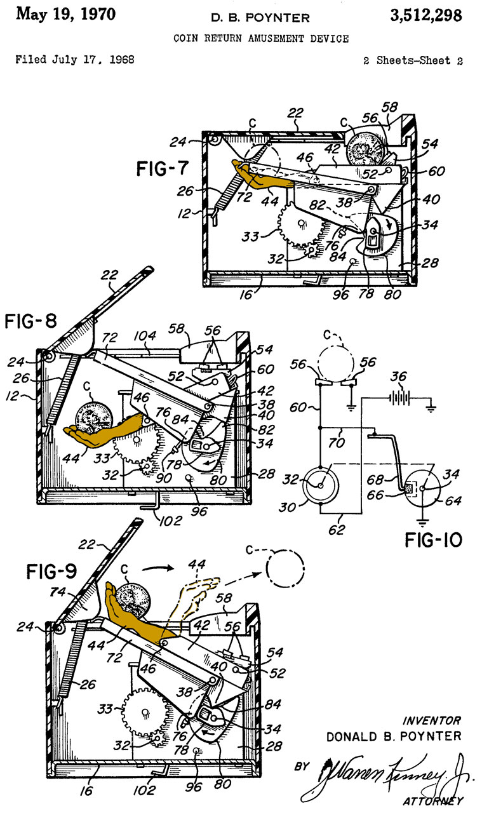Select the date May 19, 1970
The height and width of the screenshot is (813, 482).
[x=65, y=14]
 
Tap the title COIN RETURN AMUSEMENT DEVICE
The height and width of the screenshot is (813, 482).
[x=261, y=39]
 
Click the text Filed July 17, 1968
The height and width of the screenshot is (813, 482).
[x=74, y=60]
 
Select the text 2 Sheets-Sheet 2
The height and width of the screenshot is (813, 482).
[x=413, y=61]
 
